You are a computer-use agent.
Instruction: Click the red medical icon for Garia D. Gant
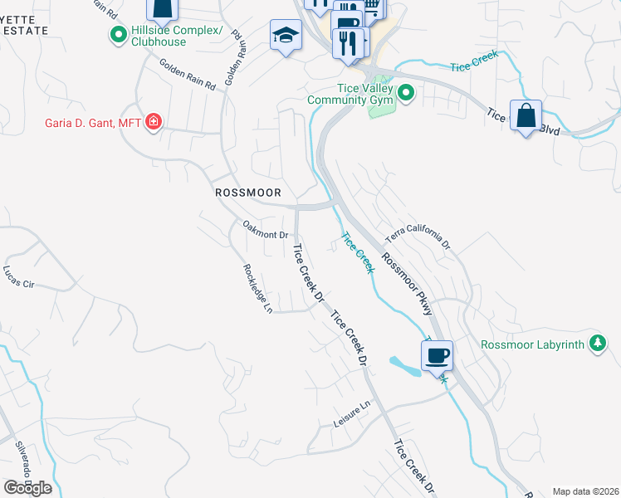tap(153, 124)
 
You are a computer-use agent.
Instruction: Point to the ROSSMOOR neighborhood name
tap(245, 192)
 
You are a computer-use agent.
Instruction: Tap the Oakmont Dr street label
tap(265, 230)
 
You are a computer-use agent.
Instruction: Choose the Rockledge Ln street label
tap(257, 288)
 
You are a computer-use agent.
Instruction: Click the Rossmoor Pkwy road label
tap(408, 283)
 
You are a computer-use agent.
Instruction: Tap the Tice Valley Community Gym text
tap(349, 94)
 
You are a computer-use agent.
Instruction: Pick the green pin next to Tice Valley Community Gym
tap(406, 93)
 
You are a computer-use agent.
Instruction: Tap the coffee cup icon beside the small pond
tap(437, 355)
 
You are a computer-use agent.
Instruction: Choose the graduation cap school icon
tap(285, 36)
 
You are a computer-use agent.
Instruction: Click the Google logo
tap(27, 488)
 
